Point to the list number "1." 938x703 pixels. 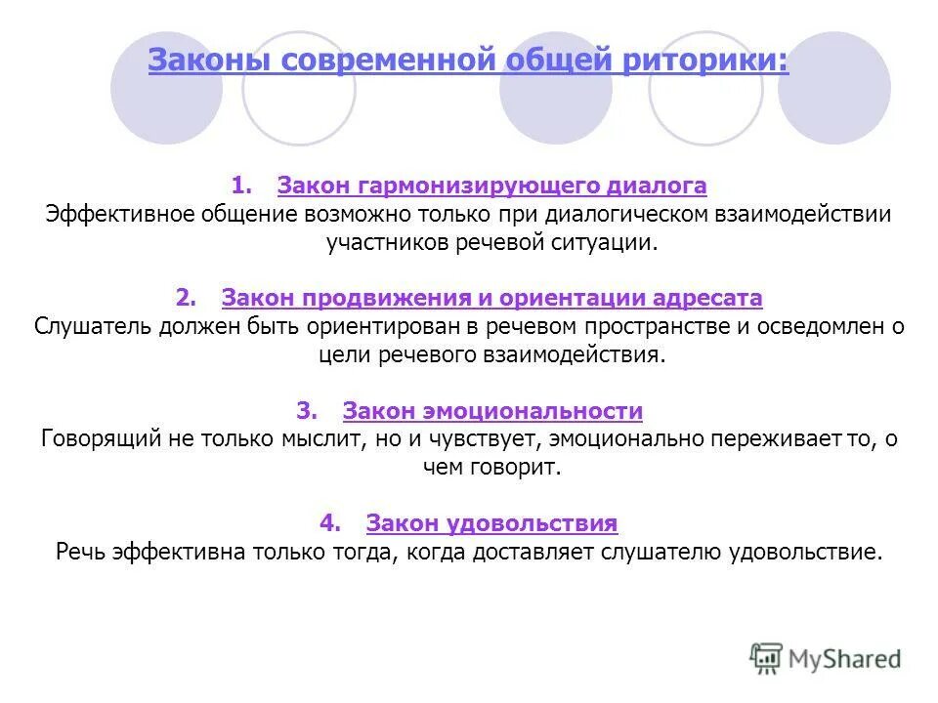tap(242, 185)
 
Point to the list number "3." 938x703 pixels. tap(307, 411)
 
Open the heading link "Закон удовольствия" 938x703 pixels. tap(491, 523)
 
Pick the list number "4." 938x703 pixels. tap(330, 523)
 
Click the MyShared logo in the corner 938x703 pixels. tap(826, 658)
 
